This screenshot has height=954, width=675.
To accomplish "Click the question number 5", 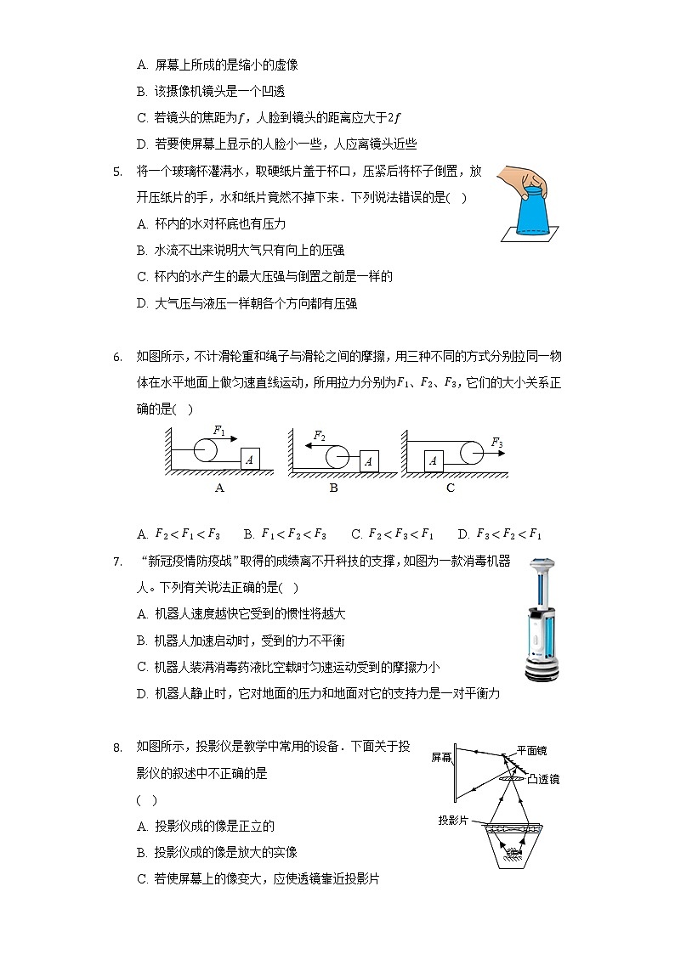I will (117, 172).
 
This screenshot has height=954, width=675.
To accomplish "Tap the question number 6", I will (117, 356).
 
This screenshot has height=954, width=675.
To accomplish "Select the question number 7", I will (117, 562).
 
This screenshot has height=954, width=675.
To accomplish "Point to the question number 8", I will (117, 747).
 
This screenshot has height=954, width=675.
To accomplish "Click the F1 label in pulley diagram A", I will (219, 431).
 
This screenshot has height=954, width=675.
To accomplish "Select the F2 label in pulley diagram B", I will (319, 436).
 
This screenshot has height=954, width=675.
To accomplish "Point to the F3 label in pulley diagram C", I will (497, 442).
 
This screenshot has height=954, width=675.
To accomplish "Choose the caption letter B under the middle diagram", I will (334, 488).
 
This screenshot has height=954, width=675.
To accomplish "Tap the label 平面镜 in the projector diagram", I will (531, 750).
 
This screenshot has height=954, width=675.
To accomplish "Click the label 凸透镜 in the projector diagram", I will (543, 778).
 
